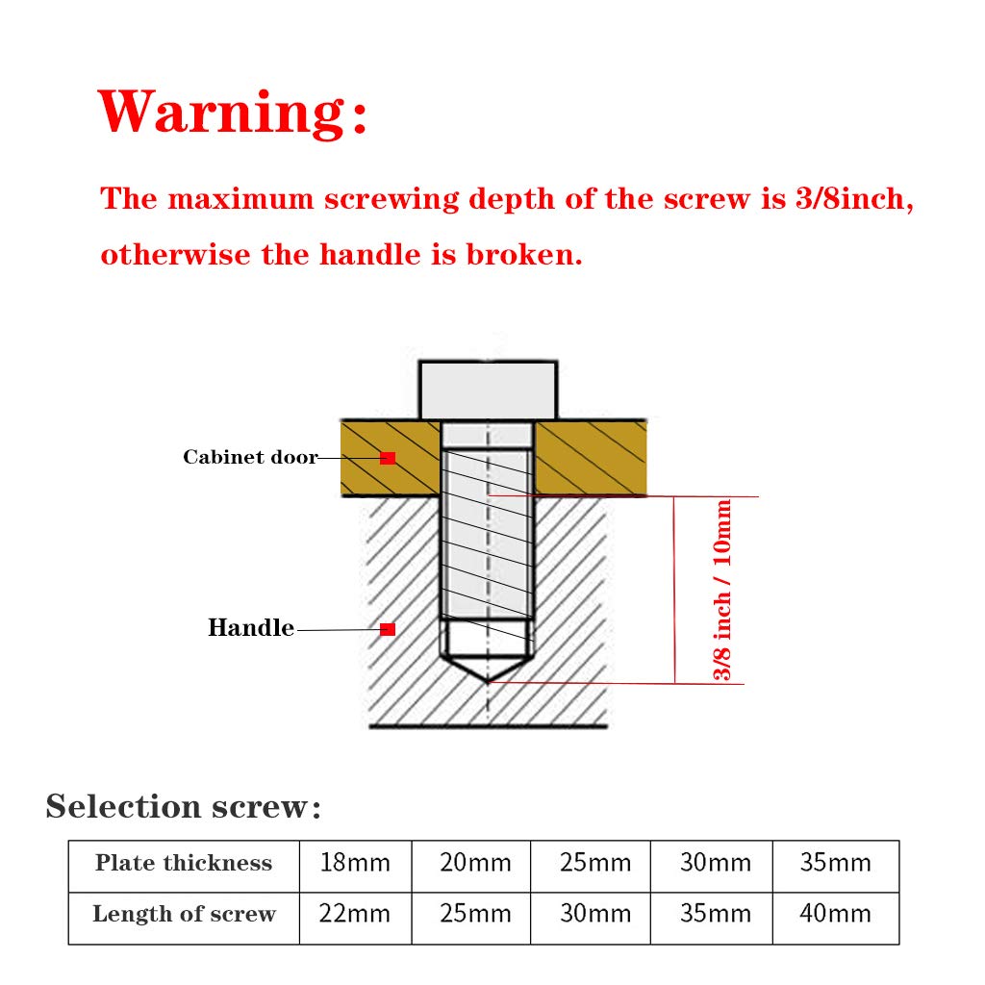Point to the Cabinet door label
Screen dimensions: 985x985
250,457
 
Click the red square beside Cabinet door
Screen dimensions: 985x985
388,458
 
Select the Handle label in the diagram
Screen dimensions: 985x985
251,628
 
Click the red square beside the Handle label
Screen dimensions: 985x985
388,629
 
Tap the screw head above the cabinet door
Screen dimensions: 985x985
489,389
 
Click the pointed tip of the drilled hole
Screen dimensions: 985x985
489,678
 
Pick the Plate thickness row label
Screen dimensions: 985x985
184,863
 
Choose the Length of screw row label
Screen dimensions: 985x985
184,914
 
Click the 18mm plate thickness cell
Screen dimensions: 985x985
355,863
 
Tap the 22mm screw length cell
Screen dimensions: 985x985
355,914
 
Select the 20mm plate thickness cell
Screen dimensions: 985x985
475,863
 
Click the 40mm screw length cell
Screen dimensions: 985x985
835,914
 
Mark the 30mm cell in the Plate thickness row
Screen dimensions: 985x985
715,863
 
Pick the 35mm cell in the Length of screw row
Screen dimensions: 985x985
715,914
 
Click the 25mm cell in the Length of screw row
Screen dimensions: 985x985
475,914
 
